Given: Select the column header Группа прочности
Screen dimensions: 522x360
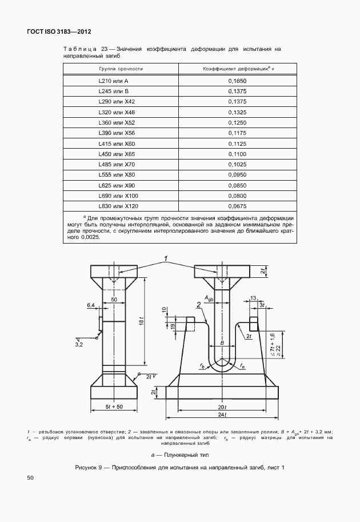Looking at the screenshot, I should [121, 68].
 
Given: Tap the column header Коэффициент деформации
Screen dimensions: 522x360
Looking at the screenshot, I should [236, 68].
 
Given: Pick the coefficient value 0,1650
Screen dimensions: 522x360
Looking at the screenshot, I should [237, 81].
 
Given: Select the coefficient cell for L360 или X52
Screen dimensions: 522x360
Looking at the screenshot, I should [237, 122].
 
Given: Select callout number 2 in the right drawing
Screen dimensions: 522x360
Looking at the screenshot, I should [198, 305].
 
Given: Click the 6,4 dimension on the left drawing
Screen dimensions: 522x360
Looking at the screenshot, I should [90, 306].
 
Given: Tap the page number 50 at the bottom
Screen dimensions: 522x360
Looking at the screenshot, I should [31, 493].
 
